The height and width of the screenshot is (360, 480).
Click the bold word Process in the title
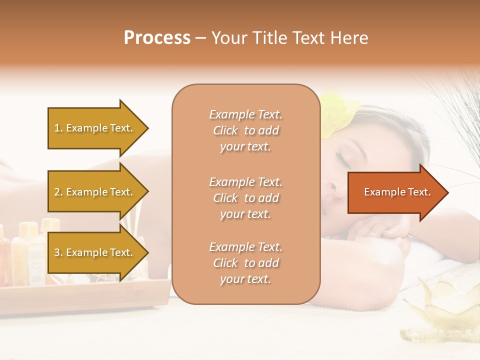(157, 38)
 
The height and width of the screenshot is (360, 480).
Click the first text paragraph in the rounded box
(245, 130)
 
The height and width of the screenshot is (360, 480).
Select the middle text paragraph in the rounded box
(245, 198)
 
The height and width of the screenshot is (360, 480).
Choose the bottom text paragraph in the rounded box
(245, 263)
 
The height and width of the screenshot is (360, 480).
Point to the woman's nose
(330, 189)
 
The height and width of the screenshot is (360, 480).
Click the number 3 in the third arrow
(57, 252)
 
